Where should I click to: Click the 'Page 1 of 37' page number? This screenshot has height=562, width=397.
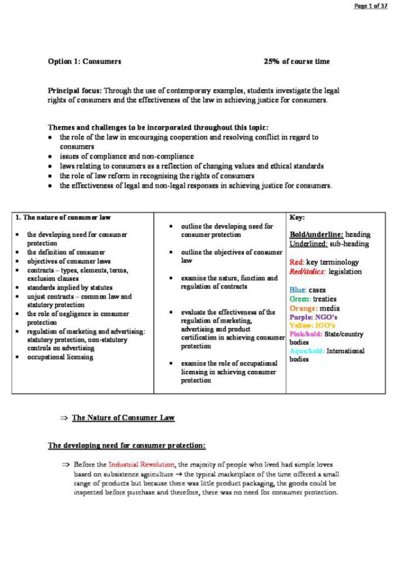(370, 6)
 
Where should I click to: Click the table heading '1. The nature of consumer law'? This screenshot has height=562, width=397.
(62, 217)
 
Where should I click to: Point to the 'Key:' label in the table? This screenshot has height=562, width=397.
(297, 217)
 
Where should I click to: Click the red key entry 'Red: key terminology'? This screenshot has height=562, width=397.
(324, 262)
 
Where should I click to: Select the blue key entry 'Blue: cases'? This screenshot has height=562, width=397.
(308, 290)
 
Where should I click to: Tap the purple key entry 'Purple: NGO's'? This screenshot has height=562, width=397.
(314, 317)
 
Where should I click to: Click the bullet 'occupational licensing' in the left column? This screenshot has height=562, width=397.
(60, 357)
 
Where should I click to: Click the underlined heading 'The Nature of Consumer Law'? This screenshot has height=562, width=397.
(123, 418)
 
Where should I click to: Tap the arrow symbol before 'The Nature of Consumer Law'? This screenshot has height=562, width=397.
(64, 418)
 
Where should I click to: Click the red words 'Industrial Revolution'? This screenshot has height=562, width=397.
(141, 464)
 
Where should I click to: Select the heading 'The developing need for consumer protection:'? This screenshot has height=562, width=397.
(127, 446)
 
